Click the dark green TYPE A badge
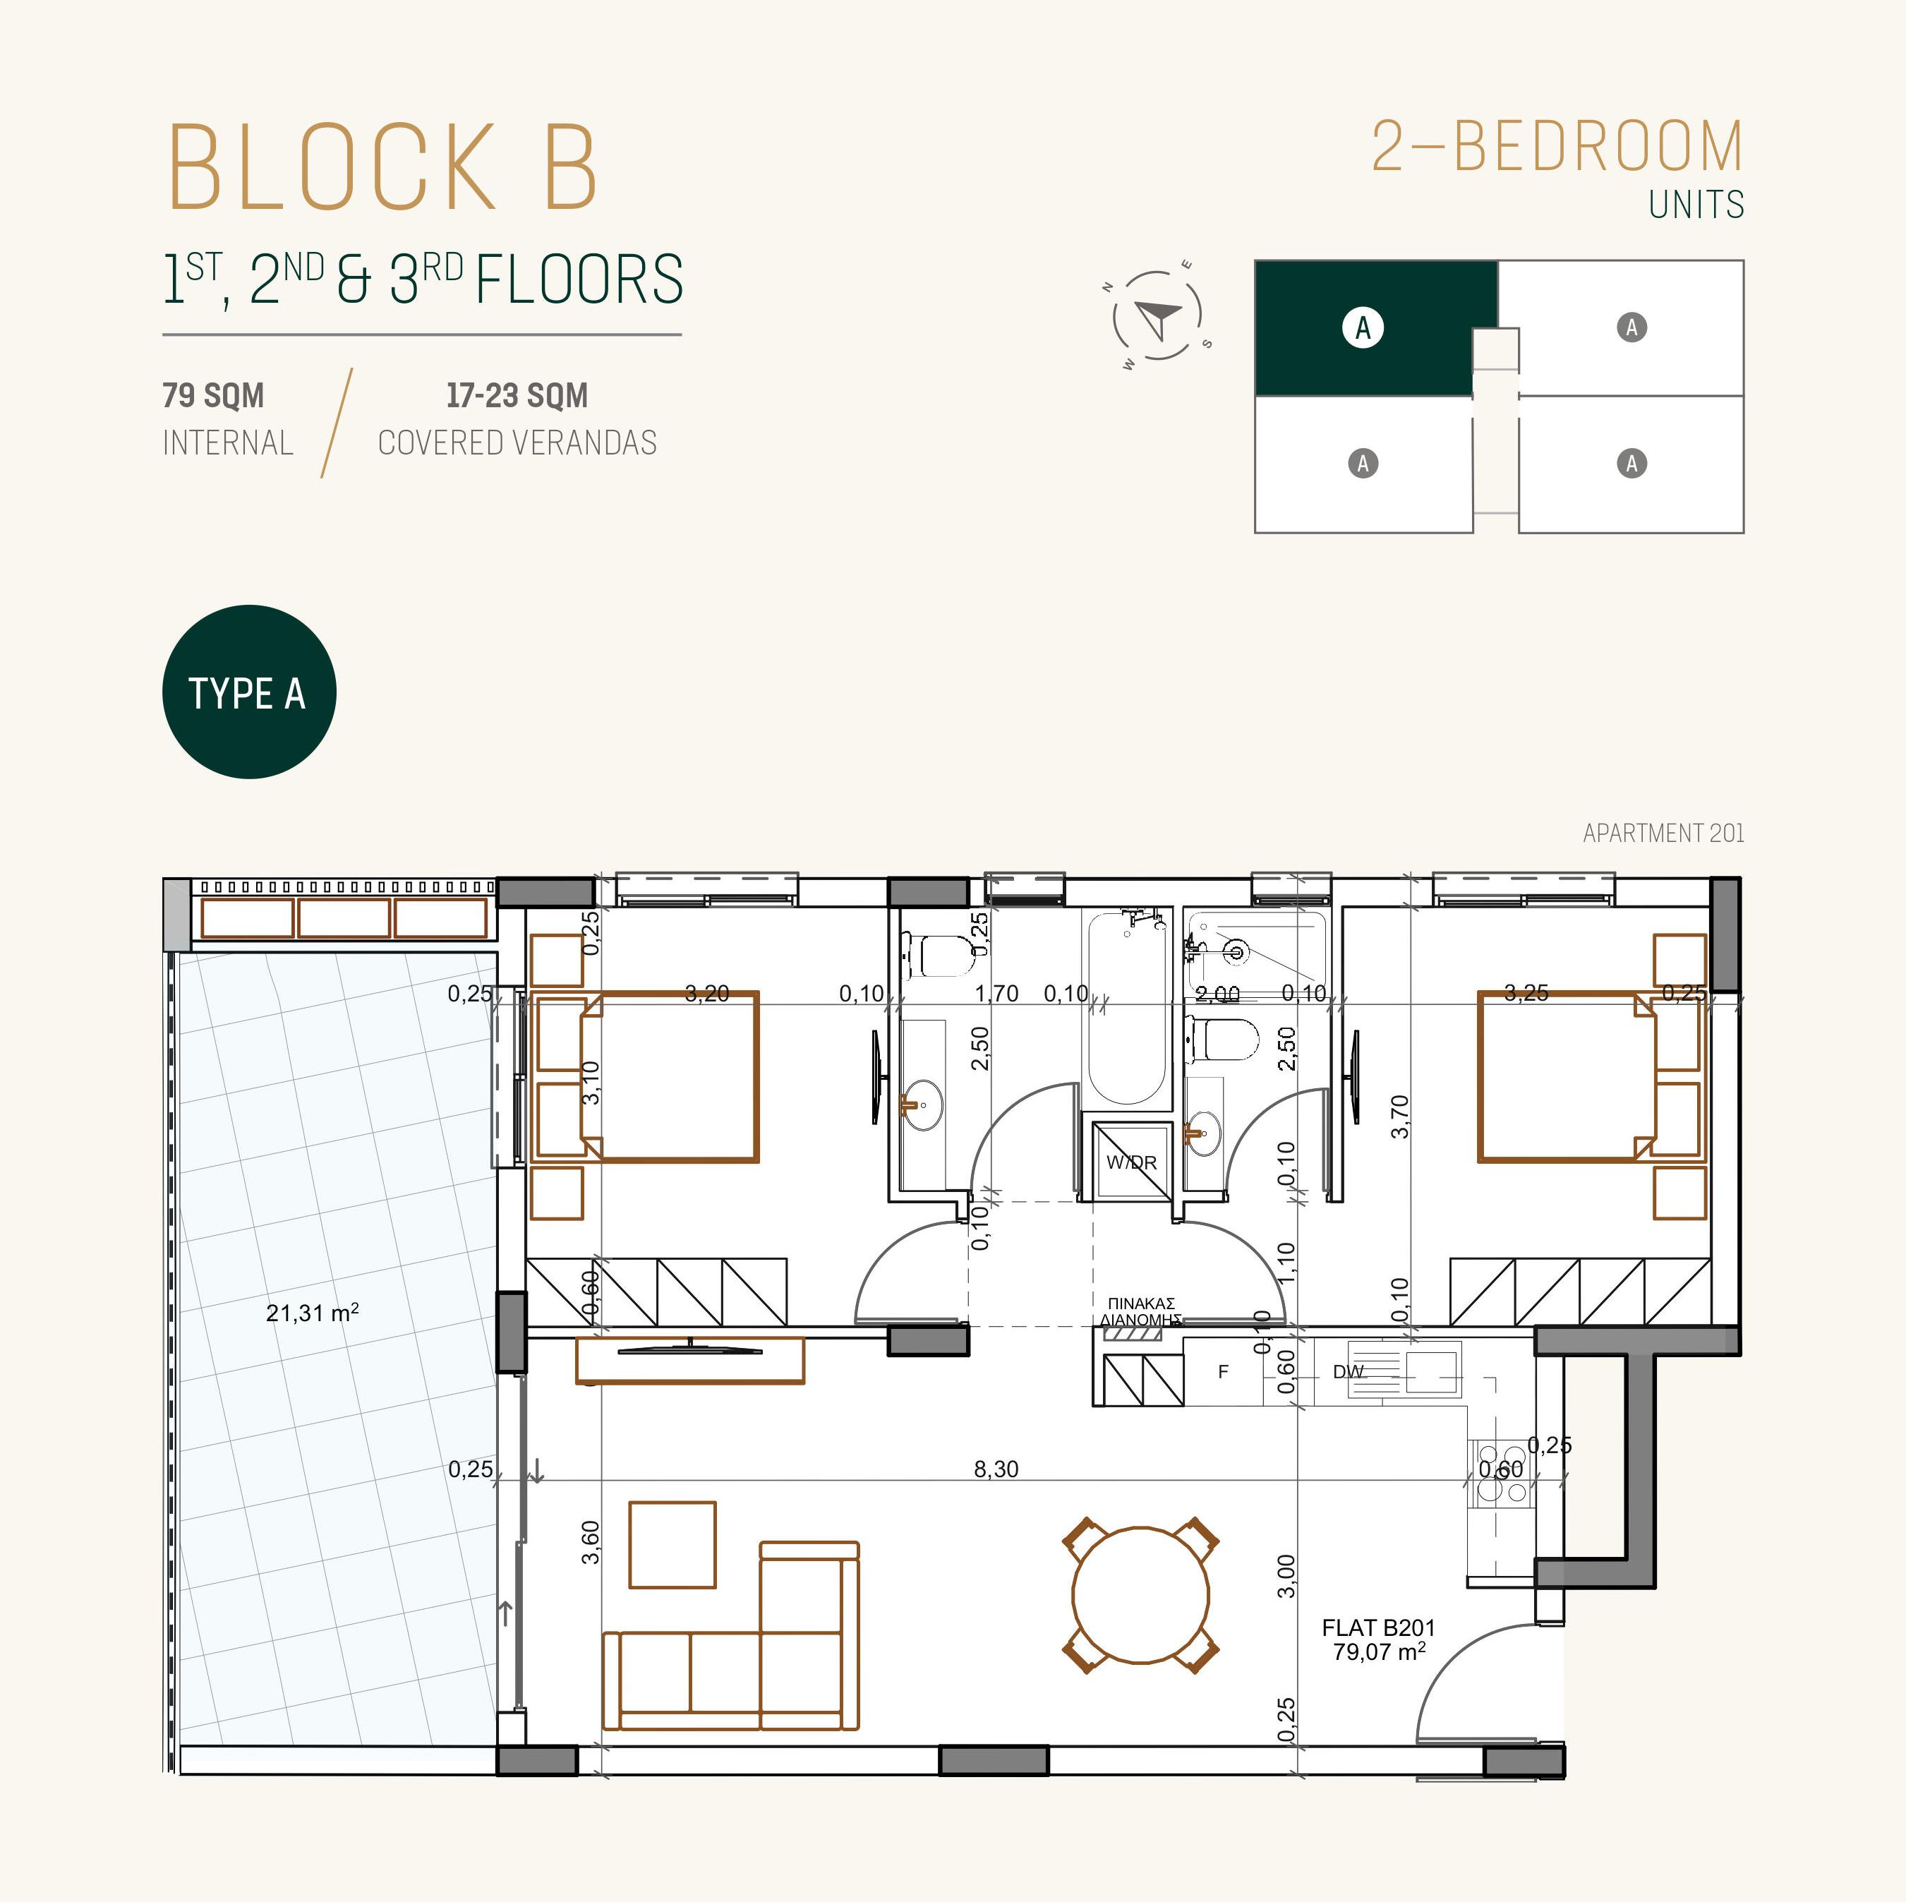coord(248,692)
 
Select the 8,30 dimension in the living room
coord(996,1469)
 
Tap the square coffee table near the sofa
coord(672,1545)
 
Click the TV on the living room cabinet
coord(689,1347)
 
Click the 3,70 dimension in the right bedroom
coord(1399,1116)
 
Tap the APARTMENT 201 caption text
coord(1663,833)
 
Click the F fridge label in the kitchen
coord(1224,1371)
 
